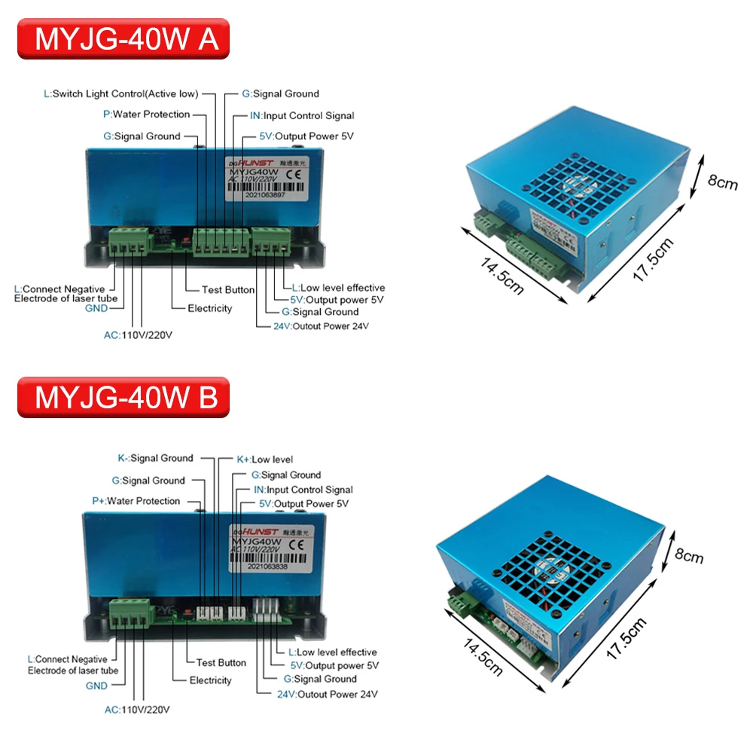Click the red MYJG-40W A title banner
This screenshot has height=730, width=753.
123,39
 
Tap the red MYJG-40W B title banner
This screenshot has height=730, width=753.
123,397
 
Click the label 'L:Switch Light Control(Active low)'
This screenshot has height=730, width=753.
121,94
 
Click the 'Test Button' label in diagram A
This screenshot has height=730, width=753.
228,289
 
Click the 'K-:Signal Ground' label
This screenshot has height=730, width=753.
155,458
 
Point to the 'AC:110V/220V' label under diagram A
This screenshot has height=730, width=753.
138,335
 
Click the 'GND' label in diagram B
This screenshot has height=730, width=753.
96,686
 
